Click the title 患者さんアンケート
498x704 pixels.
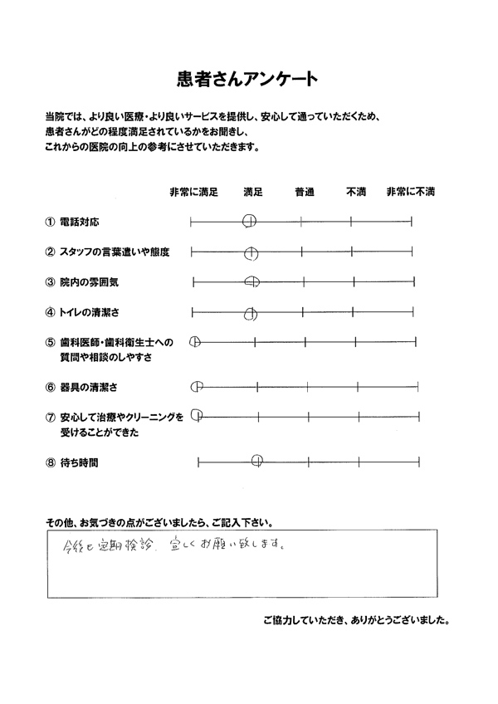[248, 80]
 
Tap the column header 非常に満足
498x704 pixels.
[193, 192]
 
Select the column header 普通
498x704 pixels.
[305, 192]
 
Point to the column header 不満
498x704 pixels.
[356, 192]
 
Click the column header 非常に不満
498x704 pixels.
[411, 192]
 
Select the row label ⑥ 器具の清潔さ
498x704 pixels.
[83, 387]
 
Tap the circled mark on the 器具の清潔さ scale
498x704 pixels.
[197, 386]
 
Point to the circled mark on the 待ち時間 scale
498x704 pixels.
[257, 459]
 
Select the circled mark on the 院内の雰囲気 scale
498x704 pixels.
[253, 281]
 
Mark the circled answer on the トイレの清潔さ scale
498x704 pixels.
[251, 313]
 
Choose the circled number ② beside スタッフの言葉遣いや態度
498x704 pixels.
[51, 252]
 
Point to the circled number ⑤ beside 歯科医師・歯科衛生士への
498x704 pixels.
[51, 341]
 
